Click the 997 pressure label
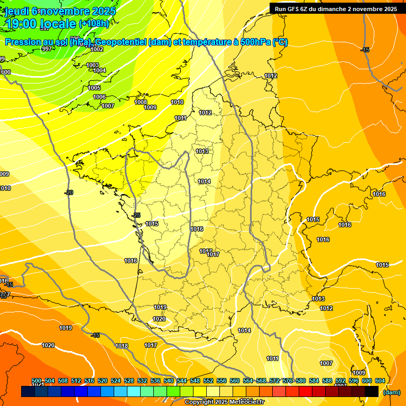tap(47, 49)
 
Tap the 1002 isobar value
tap(97, 49)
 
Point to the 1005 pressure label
tap(94, 88)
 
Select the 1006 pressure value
tap(99, 97)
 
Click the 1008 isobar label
tap(141, 102)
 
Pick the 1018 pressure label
tap(122, 346)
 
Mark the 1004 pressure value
tap(99, 70)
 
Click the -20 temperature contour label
tap(69, 192)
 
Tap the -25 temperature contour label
tap(136, 215)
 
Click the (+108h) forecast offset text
tap(94, 23)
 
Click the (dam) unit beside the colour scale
tap(391, 392)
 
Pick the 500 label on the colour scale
tap(36, 381)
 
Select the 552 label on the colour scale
tap(208, 381)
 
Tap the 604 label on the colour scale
tap(380, 381)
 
